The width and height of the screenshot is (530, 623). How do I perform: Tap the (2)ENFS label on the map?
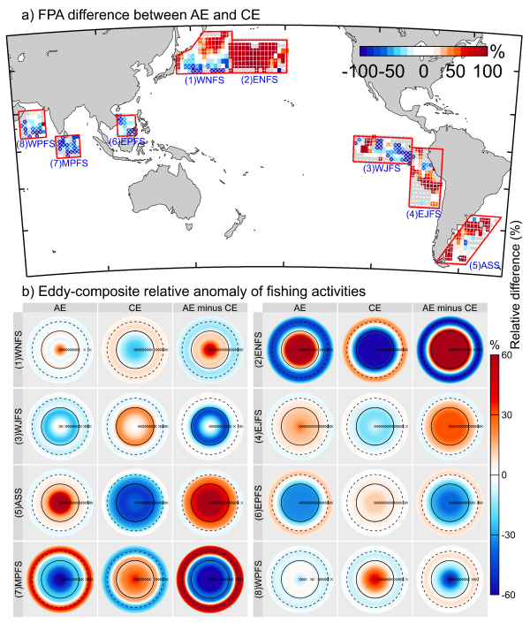[x=261, y=80]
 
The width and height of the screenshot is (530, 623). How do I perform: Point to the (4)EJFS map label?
[x=424, y=214]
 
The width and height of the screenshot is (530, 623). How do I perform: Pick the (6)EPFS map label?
[x=126, y=141]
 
